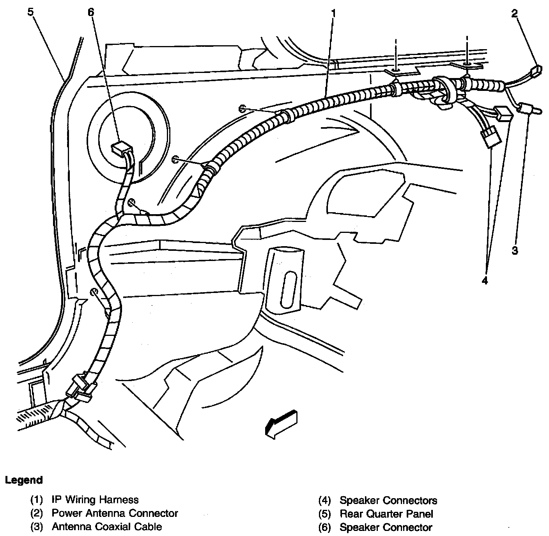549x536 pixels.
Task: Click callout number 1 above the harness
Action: (333, 14)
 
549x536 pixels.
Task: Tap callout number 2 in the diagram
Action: (515, 14)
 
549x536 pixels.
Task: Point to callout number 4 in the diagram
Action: (485, 280)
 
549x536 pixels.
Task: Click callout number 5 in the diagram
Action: (30, 12)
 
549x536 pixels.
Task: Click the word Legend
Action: (24, 480)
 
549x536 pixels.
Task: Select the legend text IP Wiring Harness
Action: (95, 500)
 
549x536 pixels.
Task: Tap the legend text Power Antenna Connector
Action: (115, 513)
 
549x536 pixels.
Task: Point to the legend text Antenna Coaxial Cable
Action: (106, 527)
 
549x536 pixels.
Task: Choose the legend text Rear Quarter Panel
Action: (386, 514)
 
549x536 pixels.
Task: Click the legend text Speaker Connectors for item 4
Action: (388, 500)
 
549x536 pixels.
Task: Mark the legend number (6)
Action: (324, 528)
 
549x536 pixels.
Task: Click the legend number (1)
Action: (36, 500)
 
